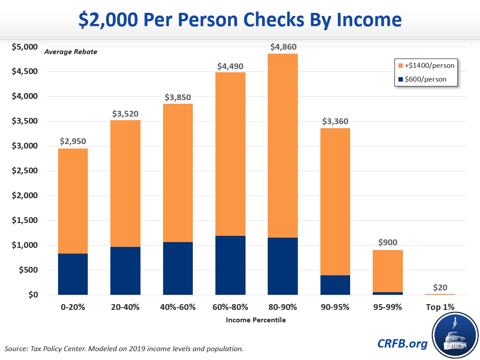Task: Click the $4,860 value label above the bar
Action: (283, 47)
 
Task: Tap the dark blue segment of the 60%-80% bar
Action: (230, 265)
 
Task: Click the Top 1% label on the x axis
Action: (440, 307)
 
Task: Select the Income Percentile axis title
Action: (256, 320)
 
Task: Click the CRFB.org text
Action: (402, 343)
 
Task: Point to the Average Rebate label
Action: (70, 52)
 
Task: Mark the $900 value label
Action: (388, 243)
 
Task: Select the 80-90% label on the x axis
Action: (283, 307)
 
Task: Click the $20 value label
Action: (440, 287)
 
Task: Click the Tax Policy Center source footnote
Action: (125, 348)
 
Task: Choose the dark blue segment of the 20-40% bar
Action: (125, 271)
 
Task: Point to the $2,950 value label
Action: (73, 141)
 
